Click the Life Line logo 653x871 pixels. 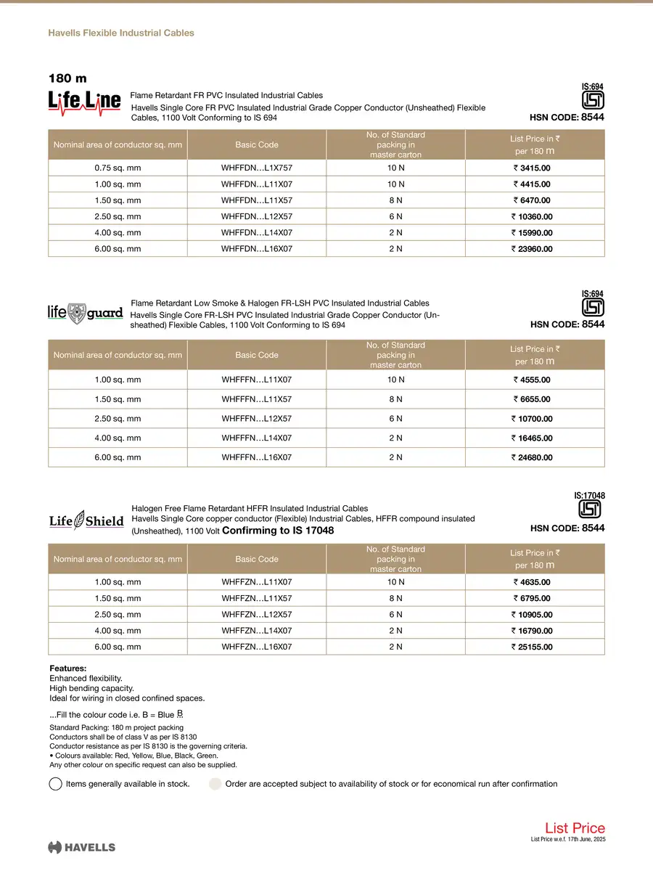coord(84,102)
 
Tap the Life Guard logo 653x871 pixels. coord(85,313)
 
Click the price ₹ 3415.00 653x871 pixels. coord(532,168)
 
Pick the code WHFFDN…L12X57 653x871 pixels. coord(257,216)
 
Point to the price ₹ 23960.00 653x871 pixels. coord(532,249)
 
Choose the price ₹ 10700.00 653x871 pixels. coord(532,419)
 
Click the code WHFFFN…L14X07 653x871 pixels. coord(257,438)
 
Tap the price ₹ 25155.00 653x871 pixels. coord(532,647)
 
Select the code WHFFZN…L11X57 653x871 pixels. coord(257,598)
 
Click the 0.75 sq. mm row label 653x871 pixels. coord(118,168)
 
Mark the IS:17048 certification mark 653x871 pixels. coord(589,507)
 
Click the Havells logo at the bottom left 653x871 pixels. coord(81,847)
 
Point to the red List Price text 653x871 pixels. coord(575,828)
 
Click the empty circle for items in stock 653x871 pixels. coord(56,784)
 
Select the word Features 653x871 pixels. coord(67,668)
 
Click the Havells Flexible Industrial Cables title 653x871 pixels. coord(120,33)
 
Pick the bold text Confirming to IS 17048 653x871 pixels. coord(278,531)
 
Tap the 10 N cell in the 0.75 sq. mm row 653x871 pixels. coord(395,168)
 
